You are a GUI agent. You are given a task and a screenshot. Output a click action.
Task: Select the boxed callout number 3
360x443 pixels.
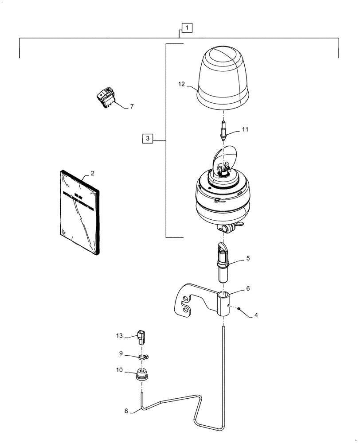(148, 139)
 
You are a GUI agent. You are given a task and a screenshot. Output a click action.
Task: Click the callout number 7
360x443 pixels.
(132, 107)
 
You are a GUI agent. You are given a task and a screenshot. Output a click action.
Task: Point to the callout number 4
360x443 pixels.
(256, 316)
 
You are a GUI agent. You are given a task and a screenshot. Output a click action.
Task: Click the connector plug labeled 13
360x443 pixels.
(143, 337)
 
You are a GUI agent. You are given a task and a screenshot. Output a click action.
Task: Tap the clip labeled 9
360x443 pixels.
(143, 356)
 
